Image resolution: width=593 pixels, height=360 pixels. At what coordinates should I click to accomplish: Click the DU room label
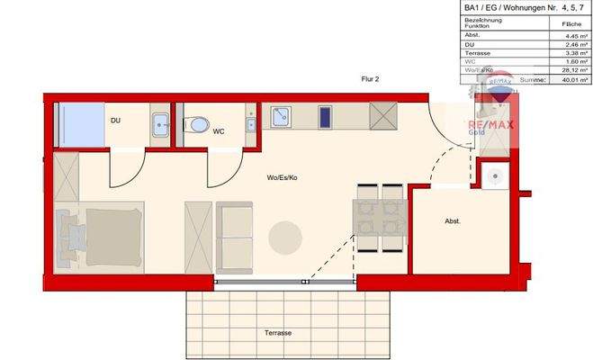(x=115, y=120)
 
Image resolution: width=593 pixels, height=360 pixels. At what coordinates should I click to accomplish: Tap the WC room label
(x=219, y=131)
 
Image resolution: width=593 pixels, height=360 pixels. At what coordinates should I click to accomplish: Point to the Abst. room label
(x=454, y=221)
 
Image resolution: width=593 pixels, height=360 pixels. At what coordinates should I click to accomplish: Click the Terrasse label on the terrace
(x=278, y=333)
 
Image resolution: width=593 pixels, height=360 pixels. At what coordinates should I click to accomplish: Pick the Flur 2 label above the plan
(x=370, y=80)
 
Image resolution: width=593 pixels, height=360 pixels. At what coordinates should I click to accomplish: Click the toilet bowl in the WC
(x=197, y=125)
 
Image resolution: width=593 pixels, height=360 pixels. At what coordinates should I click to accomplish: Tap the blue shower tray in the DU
(x=80, y=121)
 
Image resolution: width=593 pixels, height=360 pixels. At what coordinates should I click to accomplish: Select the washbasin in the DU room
(x=160, y=125)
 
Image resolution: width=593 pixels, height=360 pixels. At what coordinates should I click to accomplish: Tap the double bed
(x=99, y=238)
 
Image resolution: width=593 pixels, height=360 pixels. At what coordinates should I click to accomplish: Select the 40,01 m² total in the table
(x=568, y=80)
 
